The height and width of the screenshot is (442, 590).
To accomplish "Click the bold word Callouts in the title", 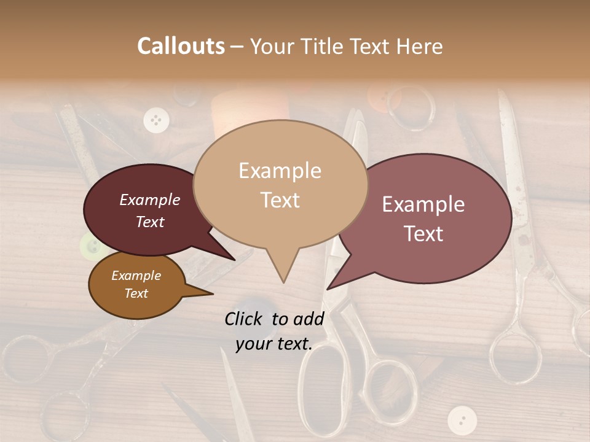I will (181, 46).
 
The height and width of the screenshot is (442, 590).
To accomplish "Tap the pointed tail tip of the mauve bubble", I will (328, 288).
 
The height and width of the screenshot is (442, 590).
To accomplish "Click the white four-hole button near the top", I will (156, 119).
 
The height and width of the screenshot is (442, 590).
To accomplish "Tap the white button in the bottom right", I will (462, 420).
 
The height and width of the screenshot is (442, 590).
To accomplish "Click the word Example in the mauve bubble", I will (423, 204).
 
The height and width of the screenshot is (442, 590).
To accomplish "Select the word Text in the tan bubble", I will (280, 200).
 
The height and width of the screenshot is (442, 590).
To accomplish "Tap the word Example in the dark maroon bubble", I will (150, 200).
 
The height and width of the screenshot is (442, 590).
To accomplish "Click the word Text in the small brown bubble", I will (136, 293).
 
